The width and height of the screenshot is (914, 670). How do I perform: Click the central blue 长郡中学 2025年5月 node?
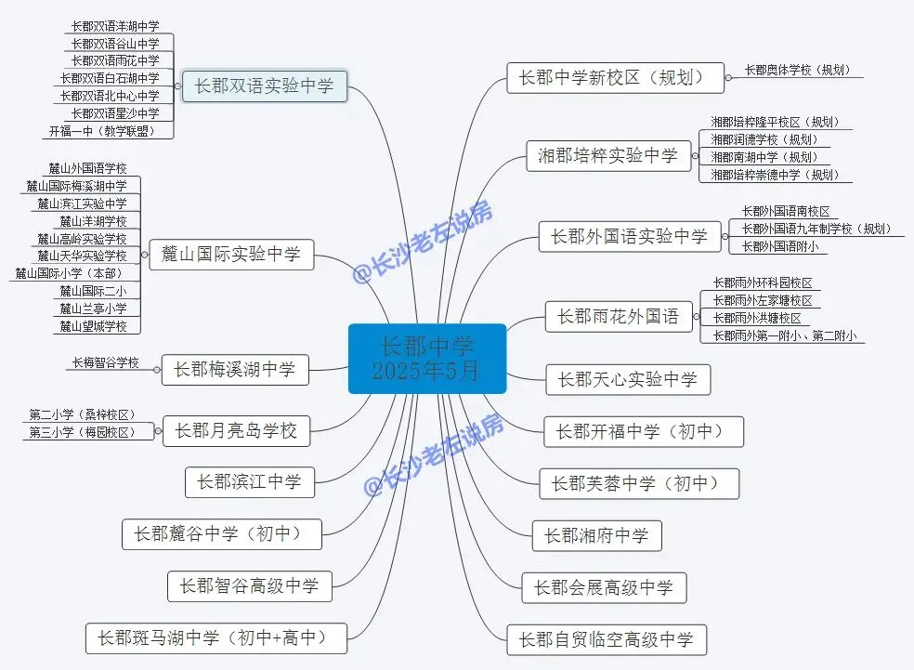point(426,359)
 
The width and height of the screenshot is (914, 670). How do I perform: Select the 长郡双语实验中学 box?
point(264,87)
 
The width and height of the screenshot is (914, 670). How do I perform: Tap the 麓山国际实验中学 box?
point(231,254)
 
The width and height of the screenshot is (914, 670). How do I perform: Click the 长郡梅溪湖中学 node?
point(234,370)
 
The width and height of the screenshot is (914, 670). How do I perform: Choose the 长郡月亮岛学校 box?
point(236,431)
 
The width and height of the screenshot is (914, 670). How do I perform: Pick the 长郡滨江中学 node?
point(249,481)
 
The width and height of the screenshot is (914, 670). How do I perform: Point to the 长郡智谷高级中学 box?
point(249,586)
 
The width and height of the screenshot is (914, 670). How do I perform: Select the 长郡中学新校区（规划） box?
point(615,77)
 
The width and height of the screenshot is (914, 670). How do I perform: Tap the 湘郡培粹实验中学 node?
point(608,156)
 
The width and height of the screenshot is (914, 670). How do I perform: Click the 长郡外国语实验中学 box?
point(629,236)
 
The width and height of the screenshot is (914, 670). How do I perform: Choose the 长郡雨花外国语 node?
point(618,317)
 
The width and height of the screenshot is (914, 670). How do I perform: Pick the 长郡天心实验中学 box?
point(627,379)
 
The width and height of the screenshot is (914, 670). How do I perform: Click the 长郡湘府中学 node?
point(596,535)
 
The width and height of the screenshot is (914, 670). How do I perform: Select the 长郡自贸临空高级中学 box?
point(606,639)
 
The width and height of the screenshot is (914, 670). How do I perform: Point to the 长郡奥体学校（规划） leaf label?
point(796,70)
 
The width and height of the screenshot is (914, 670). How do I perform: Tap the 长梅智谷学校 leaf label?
point(105,363)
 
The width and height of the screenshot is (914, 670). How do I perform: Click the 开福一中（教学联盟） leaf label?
point(111,131)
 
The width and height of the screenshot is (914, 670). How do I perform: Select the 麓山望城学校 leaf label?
point(97,325)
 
